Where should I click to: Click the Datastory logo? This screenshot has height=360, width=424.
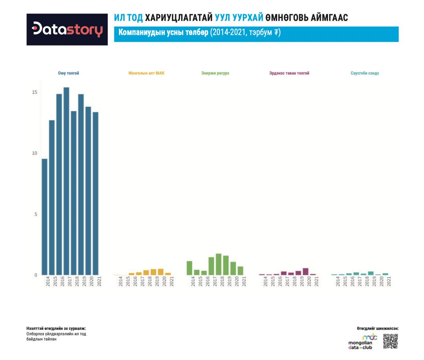[67, 29]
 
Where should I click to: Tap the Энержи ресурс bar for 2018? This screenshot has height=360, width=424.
[218, 264]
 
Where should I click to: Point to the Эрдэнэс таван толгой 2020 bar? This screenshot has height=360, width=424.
[306, 272]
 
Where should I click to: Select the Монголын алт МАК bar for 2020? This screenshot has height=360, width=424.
[161, 272]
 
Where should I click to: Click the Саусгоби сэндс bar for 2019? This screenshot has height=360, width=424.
[370, 273]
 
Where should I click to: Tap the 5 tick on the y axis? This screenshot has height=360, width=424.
[35, 214]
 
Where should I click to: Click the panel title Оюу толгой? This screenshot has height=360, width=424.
[68, 73]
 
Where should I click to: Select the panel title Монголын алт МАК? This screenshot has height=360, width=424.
[146, 73]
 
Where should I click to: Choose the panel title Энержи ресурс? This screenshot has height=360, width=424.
[216, 73]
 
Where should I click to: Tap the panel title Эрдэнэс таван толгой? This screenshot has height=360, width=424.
[289, 73]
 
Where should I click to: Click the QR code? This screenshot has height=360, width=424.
[391, 341]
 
